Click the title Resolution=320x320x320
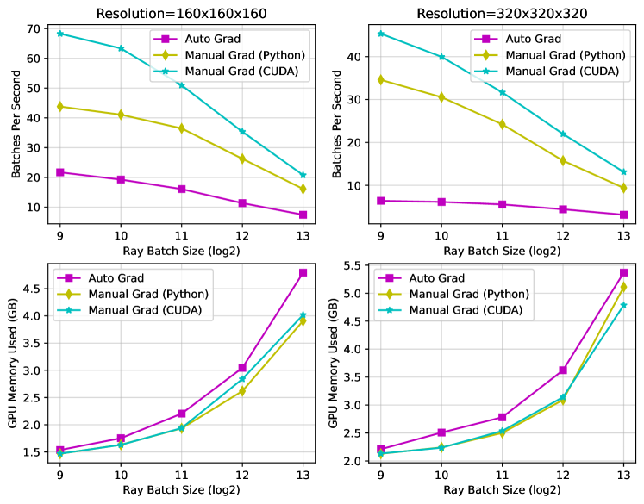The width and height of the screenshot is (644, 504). click(x=501, y=13)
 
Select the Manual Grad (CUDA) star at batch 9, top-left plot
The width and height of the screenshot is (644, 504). click(x=59, y=34)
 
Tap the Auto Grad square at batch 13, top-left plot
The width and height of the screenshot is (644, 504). click(x=303, y=215)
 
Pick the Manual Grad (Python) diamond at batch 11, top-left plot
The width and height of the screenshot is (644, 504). click(x=181, y=128)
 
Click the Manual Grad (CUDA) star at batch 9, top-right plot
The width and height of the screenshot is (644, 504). click(x=380, y=34)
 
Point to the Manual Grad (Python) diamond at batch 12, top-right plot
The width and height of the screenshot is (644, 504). click(x=562, y=160)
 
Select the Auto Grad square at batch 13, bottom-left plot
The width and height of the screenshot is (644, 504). click(x=303, y=272)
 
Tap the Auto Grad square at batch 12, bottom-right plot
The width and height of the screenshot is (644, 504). click(x=562, y=370)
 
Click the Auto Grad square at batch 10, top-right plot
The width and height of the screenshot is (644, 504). click(x=441, y=202)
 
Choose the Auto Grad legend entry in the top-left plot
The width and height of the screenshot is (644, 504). click(x=207, y=40)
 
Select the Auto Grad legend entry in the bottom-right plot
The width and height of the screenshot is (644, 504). click(x=435, y=278)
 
